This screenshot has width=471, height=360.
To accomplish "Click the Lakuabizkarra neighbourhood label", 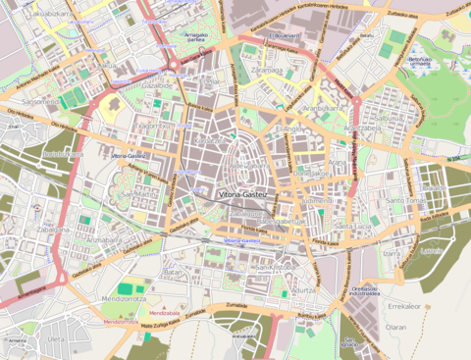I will point(50,15).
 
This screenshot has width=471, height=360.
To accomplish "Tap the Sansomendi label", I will point(41,101).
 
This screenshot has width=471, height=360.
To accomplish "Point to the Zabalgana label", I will point(53,230).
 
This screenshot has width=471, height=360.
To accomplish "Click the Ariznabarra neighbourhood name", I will point(103,238).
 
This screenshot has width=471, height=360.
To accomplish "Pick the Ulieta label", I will point(56,339).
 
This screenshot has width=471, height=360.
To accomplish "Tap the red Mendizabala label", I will point(121,321).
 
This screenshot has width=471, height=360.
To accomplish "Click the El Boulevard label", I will point(286,34).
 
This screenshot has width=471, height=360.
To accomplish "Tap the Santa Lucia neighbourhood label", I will point(353,227).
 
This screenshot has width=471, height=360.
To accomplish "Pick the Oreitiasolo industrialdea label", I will point(365,291).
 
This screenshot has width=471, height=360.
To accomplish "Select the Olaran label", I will point(395,327).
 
